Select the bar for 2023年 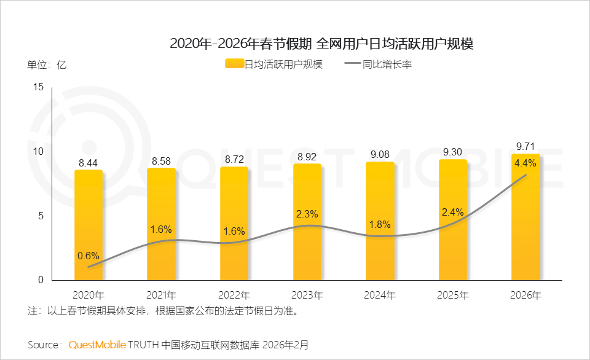point(307,221)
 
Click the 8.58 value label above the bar point(162,161)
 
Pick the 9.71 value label point(526,146)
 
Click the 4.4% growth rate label point(526,163)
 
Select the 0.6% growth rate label point(88,256)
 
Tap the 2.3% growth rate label point(307,214)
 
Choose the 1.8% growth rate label point(380,225)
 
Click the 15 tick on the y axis point(39,87)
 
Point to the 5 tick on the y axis point(41,216)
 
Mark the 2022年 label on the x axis point(234,295)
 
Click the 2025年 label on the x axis point(453,295)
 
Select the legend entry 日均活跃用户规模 point(274,64)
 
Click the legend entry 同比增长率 point(379,64)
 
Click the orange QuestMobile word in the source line point(97,345)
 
